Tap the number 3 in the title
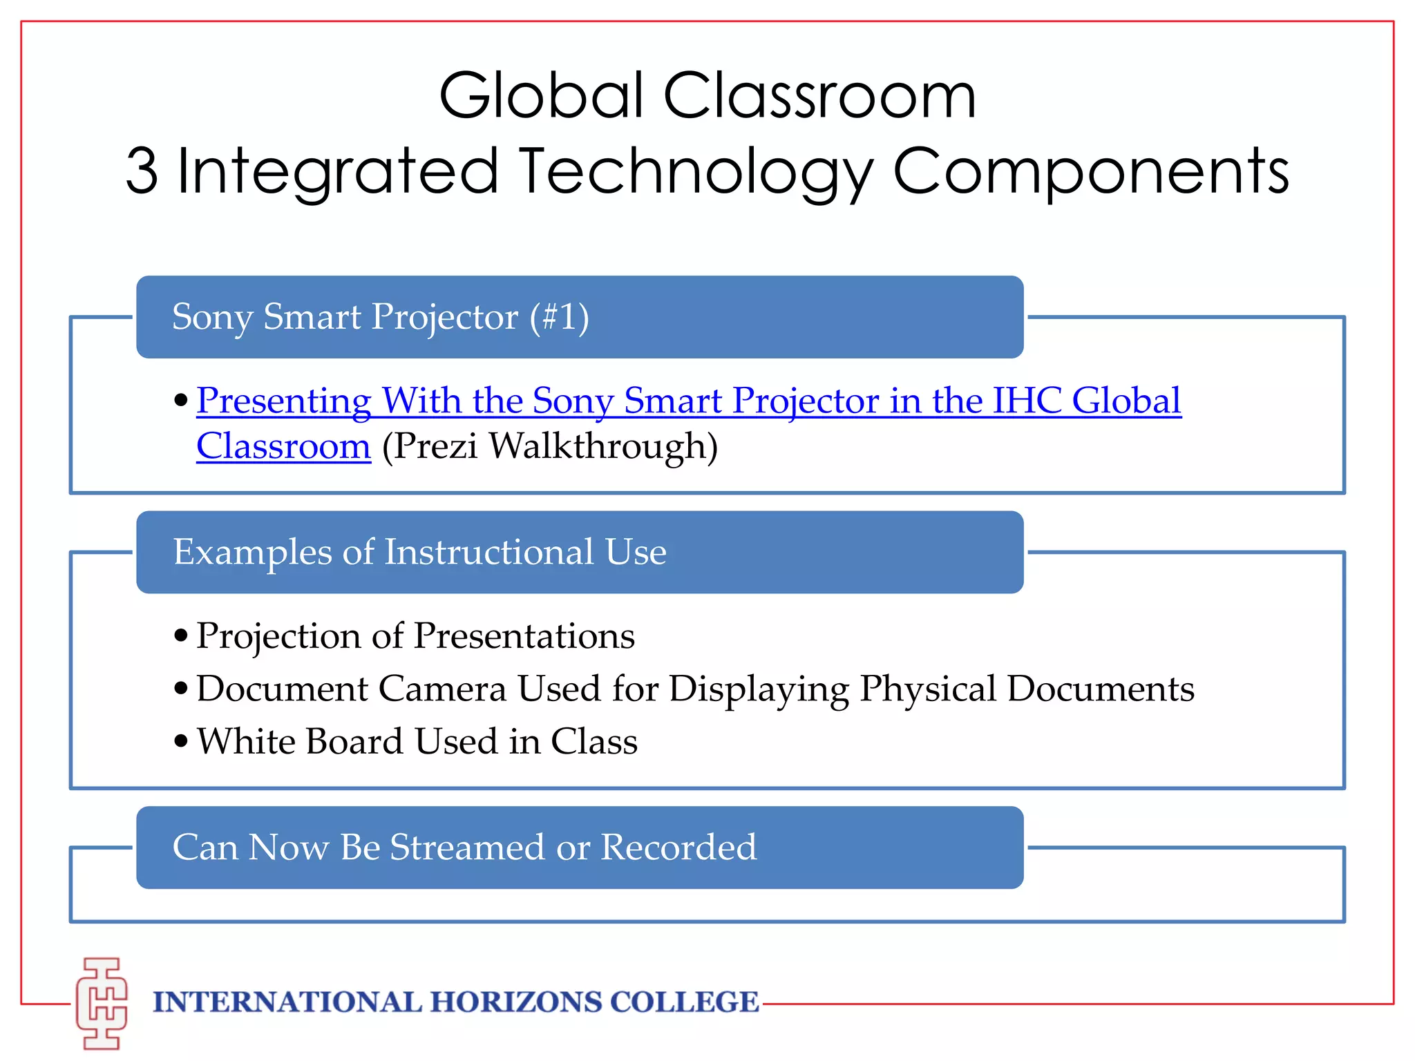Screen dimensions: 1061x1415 (x=142, y=171)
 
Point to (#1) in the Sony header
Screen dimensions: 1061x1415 (x=559, y=317)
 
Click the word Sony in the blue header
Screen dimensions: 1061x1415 (x=212, y=318)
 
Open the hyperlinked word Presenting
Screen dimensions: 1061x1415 (x=283, y=401)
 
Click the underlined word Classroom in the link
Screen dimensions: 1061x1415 (x=283, y=446)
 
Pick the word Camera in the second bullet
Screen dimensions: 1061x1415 (x=442, y=689)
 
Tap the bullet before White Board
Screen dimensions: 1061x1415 (x=181, y=742)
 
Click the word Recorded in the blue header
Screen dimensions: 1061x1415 (x=678, y=848)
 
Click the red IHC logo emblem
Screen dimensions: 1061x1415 (x=102, y=1003)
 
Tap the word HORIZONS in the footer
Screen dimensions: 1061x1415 (x=516, y=1002)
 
